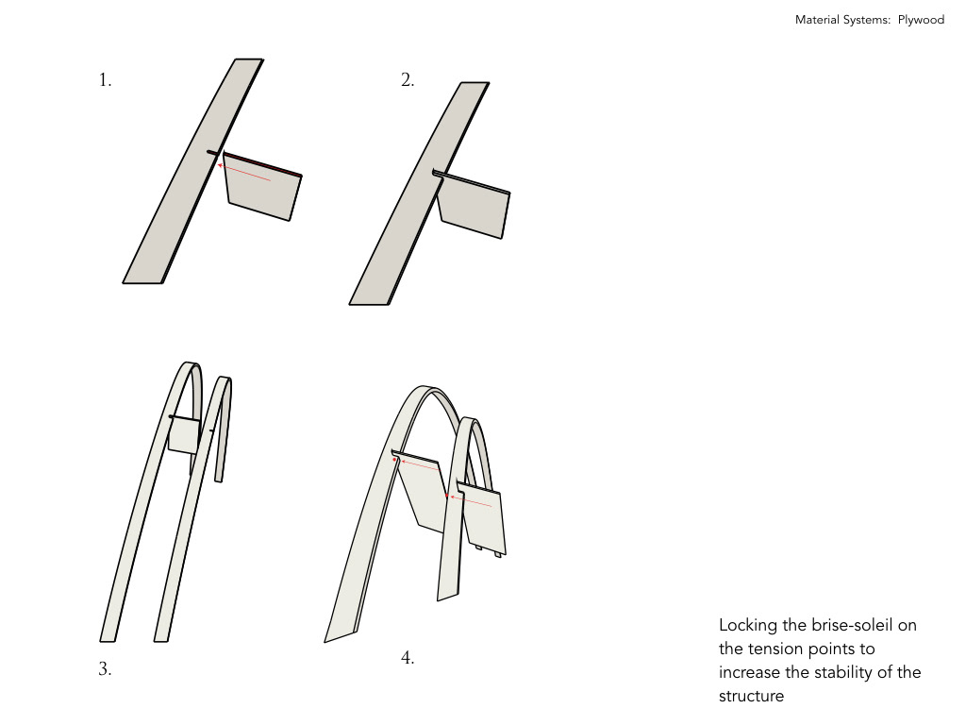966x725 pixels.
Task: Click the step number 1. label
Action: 106,79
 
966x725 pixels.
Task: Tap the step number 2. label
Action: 408,79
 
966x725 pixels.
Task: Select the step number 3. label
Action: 105,668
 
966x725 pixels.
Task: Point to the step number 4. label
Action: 408,658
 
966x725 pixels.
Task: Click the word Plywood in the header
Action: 921,20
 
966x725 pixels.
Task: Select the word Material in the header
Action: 817,20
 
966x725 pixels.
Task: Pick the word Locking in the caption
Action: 748,625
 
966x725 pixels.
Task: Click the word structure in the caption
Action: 752,696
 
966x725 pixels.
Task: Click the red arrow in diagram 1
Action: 244,173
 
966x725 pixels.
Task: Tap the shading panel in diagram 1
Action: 262,186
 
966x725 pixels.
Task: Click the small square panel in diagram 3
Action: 184,436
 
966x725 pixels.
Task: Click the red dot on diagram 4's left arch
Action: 394,460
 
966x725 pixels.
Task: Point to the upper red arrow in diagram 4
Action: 420,464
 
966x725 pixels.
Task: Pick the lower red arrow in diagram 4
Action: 472,501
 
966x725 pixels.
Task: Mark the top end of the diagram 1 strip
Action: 249,59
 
